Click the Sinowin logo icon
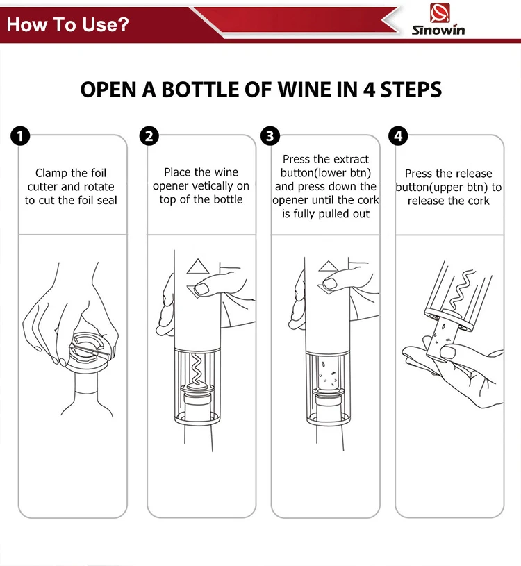440,13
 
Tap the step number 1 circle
20,136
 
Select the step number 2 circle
149,136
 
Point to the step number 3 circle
270,136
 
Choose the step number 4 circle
398,136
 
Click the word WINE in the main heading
304,90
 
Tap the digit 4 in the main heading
369,90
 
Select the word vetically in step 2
213,186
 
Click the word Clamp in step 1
50,174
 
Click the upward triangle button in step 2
197,267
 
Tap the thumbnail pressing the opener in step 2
201,288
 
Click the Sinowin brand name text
438,30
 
